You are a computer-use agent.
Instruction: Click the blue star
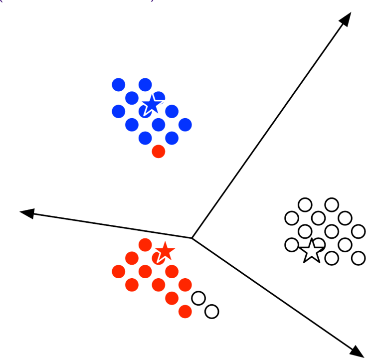click(151, 105)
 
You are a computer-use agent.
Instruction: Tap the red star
click(165, 252)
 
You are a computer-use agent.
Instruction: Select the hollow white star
click(312, 250)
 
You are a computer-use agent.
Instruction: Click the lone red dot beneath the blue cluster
click(158, 151)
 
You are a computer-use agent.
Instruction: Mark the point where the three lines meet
click(192, 238)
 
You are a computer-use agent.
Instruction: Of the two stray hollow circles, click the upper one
click(198, 298)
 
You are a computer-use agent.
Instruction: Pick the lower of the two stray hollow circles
click(211, 312)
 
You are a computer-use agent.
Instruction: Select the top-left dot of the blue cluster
click(118, 84)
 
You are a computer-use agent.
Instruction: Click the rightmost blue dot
click(185, 124)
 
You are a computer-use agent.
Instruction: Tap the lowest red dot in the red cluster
click(185, 312)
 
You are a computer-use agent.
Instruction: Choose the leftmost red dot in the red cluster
click(118, 271)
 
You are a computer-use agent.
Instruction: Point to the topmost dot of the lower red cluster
click(145, 244)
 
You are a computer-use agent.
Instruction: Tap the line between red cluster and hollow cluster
click(274, 294)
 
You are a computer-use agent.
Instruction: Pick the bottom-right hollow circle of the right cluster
click(358, 258)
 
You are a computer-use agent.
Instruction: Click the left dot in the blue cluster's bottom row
click(145, 137)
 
